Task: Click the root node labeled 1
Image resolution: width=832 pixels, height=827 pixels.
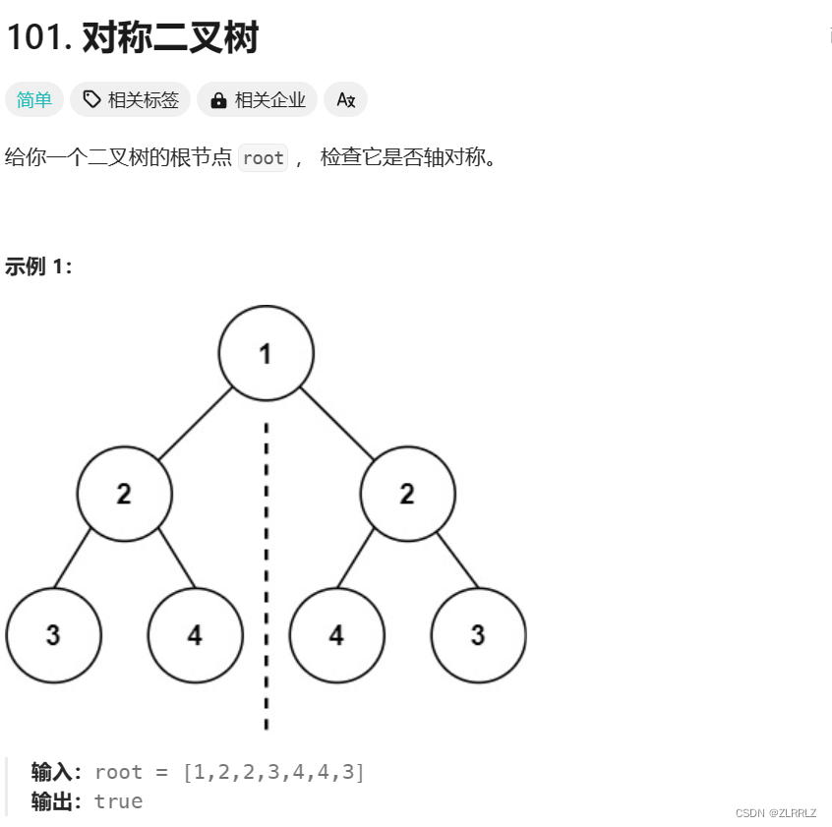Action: [x=266, y=353]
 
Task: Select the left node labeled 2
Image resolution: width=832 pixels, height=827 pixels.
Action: [x=124, y=494]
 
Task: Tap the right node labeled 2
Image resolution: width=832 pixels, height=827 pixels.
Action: [x=407, y=494]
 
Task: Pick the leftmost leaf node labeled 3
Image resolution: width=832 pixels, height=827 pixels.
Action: [x=53, y=635]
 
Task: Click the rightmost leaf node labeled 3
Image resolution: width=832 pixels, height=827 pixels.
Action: [x=478, y=635]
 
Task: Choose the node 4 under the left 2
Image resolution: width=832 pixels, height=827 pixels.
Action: [x=195, y=635]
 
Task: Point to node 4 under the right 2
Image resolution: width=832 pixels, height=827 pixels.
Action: [x=336, y=635]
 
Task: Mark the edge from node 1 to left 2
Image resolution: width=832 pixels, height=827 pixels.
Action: [x=195, y=424]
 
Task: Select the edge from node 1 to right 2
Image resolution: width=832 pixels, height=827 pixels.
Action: [x=336, y=424]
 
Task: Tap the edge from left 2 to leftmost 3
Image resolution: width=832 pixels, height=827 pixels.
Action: [x=72, y=559]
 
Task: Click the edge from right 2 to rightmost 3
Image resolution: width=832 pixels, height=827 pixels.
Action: [x=458, y=559]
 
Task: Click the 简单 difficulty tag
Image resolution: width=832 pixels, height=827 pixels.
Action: [x=34, y=99]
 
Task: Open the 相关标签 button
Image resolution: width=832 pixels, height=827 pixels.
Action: [x=130, y=99]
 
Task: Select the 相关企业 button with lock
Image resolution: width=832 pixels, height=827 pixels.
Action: [x=257, y=99]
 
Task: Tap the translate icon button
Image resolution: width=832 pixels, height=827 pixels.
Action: [x=345, y=99]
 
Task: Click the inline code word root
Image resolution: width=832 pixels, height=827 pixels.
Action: [x=263, y=157]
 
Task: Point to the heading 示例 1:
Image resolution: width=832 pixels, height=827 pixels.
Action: [x=38, y=266]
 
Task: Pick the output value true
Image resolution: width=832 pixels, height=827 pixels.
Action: [x=118, y=801]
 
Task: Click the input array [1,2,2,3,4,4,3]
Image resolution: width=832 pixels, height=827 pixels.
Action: [x=273, y=772]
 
